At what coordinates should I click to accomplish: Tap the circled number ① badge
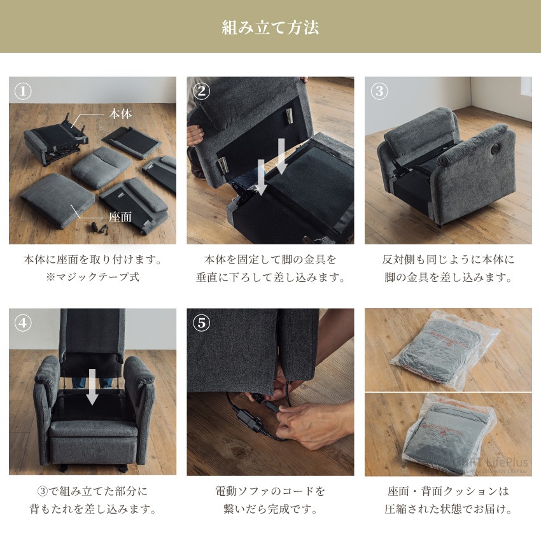pos(24,92)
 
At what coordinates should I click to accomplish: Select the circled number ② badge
pos(201,92)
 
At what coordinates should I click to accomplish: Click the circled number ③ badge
pos(379,92)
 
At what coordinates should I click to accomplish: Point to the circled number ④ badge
pos(24,323)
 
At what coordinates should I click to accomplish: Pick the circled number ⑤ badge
pos(201,323)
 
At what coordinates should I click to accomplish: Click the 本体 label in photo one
pos(119,115)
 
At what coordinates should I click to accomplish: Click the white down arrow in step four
pos(92,386)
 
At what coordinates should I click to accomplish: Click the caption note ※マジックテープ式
pos(92,278)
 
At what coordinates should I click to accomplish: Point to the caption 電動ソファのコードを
pos(270,491)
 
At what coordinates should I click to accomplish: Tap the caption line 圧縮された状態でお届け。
pos(448,509)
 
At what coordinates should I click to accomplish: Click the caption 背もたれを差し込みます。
pos(92,509)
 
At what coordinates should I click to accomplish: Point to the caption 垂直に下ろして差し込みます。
pos(270,278)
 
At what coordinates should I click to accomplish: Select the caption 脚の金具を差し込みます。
pos(448,278)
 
